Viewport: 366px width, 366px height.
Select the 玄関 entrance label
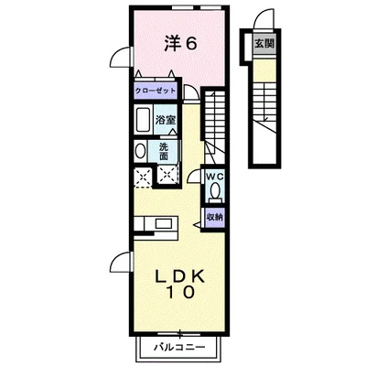tap(264, 43)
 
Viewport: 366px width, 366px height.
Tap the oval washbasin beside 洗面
tap(140, 151)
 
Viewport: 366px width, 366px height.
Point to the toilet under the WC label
tap(216, 190)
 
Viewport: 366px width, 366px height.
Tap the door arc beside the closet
tap(192, 91)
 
